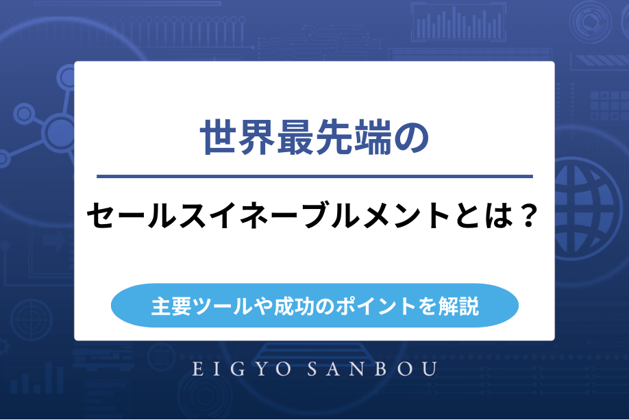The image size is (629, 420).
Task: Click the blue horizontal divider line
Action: tap(314, 177)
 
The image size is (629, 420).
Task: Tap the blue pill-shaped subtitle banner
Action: tap(314, 305)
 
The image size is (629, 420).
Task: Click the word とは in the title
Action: tap(484, 219)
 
